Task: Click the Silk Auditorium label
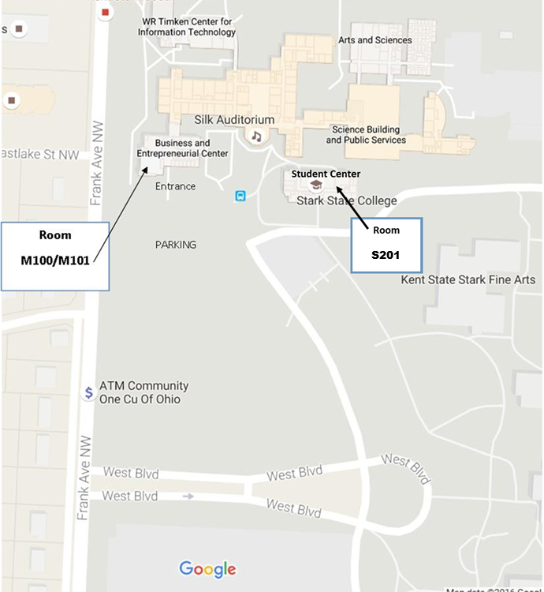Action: click(234, 120)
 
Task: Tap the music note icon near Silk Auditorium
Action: click(256, 136)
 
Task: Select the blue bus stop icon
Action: click(240, 196)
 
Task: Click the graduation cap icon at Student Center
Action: click(316, 185)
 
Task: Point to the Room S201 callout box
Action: click(386, 245)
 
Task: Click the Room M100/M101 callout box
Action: click(54, 256)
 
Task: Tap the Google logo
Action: click(207, 569)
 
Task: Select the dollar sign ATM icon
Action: click(89, 392)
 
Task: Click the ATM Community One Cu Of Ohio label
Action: click(143, 392)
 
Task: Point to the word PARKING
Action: click(175, 245)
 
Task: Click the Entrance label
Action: click(175, 186)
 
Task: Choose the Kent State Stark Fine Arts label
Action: click(468, 279)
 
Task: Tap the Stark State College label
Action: click(346, 200)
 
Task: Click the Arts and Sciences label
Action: click(375, 40)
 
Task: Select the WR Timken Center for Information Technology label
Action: click(186, 27)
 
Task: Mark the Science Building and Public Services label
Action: click(366, 135)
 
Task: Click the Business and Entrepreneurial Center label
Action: click(182, 148)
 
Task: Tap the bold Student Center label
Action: click(326, 174)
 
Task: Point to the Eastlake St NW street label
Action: click(41, 155)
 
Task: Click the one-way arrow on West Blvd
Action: click(188, 496)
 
